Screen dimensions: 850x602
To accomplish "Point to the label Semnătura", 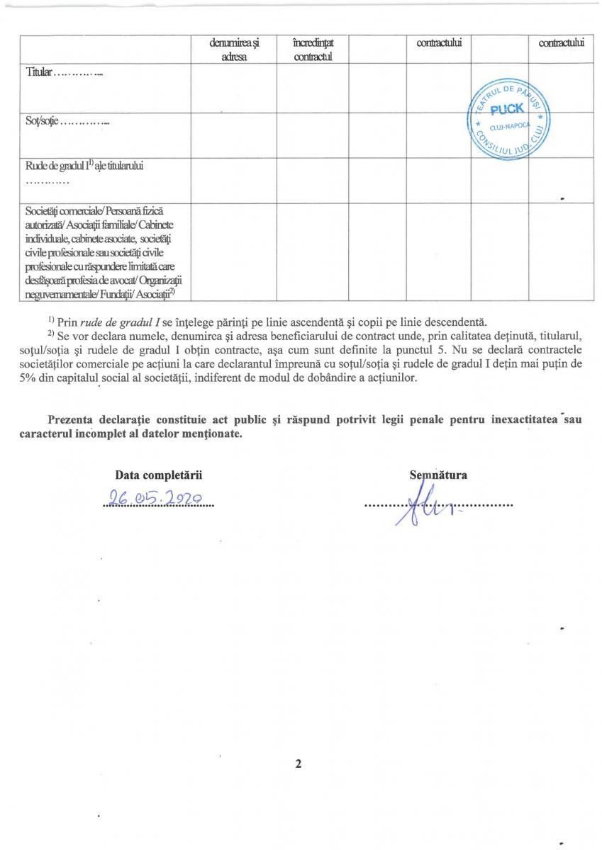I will tap(437, 475).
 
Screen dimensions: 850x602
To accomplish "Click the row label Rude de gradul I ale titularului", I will tap(84, 167).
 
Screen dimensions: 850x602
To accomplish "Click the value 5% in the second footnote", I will tap(35, 378).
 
